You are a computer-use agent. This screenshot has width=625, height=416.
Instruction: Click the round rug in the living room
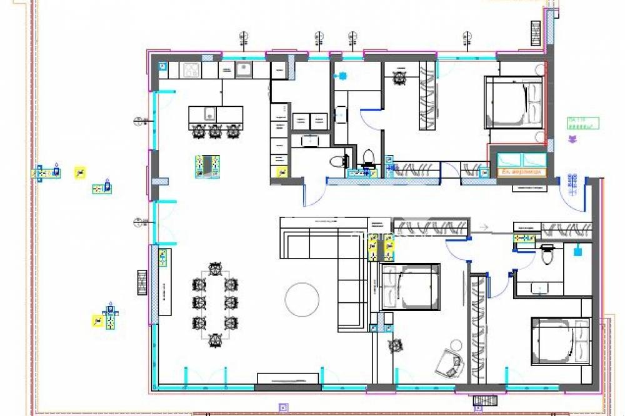tap(302, 299)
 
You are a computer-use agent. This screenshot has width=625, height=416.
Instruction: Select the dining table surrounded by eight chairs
tap(215, 304)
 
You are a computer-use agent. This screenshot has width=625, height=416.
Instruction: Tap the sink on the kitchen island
tap(209, 114)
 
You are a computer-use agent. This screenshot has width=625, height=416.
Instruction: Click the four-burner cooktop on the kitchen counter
tap(191, 70)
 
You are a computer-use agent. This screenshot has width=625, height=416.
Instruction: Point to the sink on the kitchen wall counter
tap(243, 69)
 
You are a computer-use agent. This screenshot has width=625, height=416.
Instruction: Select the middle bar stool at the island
tap(216, 131)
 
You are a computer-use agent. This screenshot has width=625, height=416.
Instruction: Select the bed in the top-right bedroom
tap(514, 102)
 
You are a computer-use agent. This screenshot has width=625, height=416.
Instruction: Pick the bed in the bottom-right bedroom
tap(560, 341)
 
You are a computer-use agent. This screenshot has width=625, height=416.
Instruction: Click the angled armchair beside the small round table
tap(450, 362)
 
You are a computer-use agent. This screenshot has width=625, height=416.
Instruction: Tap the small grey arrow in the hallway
tap(482, 227)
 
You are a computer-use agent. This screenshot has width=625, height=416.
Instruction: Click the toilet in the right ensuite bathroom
tap(548, 255)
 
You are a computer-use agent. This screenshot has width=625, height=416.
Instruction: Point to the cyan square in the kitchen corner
tap(162, 65)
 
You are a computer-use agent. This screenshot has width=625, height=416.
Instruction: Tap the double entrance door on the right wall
tap(572, 187)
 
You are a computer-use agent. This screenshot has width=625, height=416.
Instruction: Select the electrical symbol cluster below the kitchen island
tap(207, 166)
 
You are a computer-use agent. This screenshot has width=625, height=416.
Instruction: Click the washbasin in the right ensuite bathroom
tap(539, 288)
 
